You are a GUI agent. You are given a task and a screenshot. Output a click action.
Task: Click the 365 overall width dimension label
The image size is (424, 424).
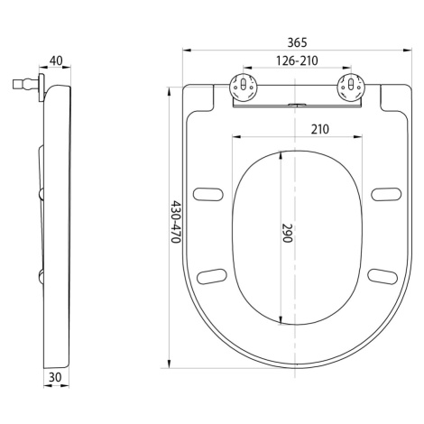(x=297, y=42)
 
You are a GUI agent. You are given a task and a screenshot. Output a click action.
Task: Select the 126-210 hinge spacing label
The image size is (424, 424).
(x=297, y=60)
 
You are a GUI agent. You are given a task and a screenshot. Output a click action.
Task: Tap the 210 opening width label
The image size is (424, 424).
(x=320, y=129)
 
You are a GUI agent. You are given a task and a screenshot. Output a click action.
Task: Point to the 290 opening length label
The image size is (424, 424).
(x=287, y=233)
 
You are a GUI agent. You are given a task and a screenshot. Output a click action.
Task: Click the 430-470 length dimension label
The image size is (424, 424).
(x=176, y=222)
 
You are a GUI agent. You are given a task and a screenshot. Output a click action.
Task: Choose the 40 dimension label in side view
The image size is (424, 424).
(x=56, y=60)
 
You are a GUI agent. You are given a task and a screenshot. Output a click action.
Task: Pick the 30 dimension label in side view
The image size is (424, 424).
(x=55, y=377)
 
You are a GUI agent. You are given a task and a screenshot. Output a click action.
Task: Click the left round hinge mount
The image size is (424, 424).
(x=244, y=87)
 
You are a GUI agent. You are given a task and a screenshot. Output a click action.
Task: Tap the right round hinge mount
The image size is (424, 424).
(x=351, y=87)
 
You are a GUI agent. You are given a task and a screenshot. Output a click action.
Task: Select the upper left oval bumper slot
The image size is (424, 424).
(x=208, y=194)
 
